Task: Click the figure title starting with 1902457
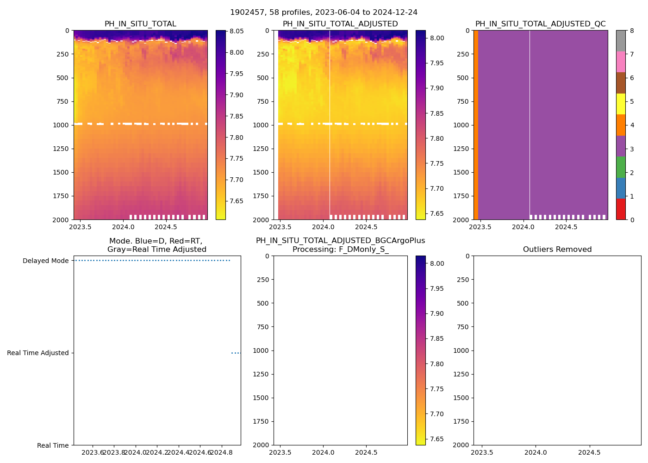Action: click(324, 13)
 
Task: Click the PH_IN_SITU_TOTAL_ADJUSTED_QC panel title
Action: click(540, 24)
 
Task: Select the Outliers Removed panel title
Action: click(557, 250)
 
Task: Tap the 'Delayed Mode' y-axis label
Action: click(45, 261)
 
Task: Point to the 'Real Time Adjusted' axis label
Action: click(38, 353)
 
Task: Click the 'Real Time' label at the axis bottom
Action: click(53, 445)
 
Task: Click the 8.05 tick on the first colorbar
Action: click(237, 31)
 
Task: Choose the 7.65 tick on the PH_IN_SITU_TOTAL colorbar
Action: click(237, 201)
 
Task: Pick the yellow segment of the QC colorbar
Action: click(621, 104)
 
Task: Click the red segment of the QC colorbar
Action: click(621, 209)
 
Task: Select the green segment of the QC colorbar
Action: click(621, 167)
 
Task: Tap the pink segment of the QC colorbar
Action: click(621, 62)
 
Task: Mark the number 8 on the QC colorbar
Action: click(631, 31)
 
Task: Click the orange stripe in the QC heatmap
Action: click(476, 125)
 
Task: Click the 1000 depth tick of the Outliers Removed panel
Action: click(462, 350)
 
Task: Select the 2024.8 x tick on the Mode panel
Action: click(222, 452)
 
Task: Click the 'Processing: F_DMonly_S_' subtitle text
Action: click(340, 250)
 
